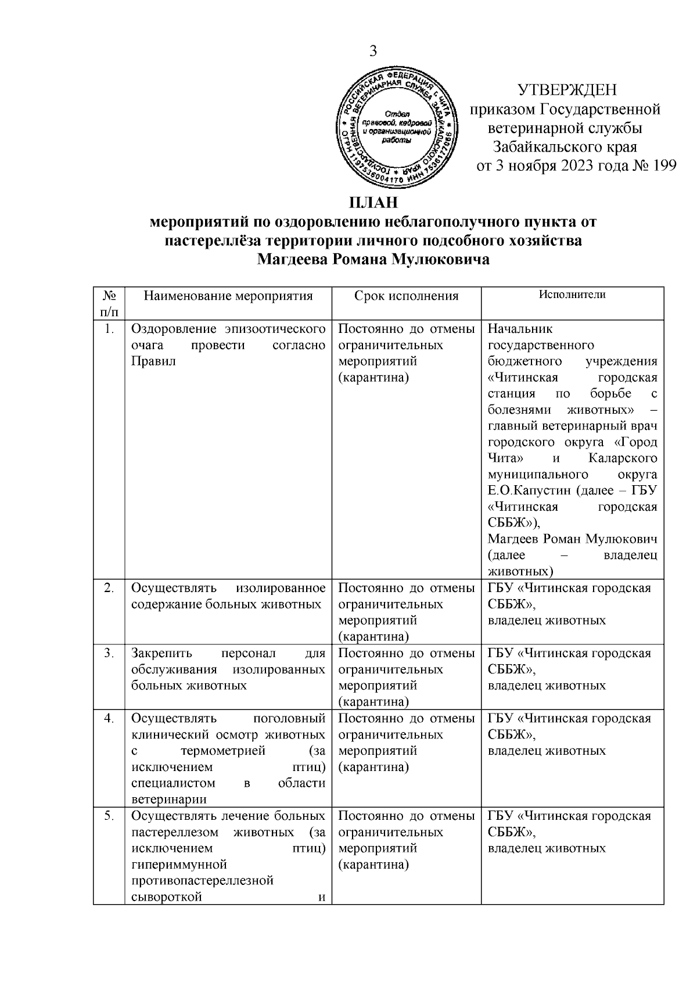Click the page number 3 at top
pyautogui.click(x=373, y=51)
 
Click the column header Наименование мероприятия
pyautogui.click(x=228, y=296)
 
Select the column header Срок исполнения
pyautogui.click(x=406, y=296)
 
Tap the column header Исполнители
pyautogui.click(x=572, y=294)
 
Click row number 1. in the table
pyautogui.click(x=109, y=329)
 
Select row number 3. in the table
pyautogui.click(x=109, y=653)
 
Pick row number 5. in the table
pyautogui.click(x=109, y=816)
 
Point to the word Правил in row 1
pyautogui.click(x=153, y=361)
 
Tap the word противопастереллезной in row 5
pyautogui.click(x=203, y=881)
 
